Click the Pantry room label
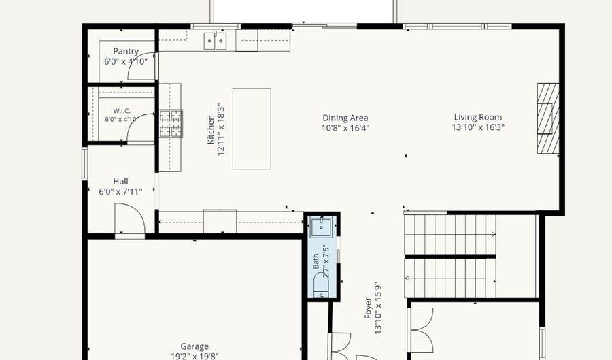126,51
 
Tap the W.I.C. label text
122,111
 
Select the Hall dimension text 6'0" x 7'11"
120,191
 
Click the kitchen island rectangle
252,129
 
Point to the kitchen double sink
215,41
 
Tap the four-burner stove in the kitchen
171,123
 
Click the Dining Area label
345,118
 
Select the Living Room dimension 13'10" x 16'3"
478,127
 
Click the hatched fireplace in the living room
548,118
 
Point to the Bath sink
321,227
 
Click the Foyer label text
368,308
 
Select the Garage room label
194,346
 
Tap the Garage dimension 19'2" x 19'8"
194,356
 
